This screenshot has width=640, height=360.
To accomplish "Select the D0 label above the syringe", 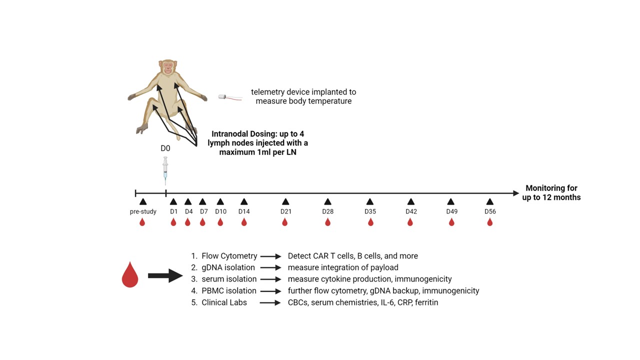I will point(165,148).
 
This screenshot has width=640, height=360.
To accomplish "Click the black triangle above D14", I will point(244,201).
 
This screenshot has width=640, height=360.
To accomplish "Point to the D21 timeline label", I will point(286,211).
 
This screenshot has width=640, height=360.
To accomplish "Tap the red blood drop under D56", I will point(489,222).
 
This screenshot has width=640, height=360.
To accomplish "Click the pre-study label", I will point(143,211).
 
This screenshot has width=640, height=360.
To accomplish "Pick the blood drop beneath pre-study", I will point(142,222).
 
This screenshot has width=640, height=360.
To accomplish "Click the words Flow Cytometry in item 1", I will point(229,256).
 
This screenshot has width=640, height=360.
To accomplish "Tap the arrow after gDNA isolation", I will point(270,267).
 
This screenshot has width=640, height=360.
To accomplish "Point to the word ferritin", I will point(426,302).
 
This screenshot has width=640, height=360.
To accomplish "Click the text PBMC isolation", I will point(229,290).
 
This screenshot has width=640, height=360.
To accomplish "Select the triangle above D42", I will point(410,201).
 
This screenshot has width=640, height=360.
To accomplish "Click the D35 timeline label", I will point(370,211).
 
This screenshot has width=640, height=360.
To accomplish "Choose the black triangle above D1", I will point(173,201).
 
